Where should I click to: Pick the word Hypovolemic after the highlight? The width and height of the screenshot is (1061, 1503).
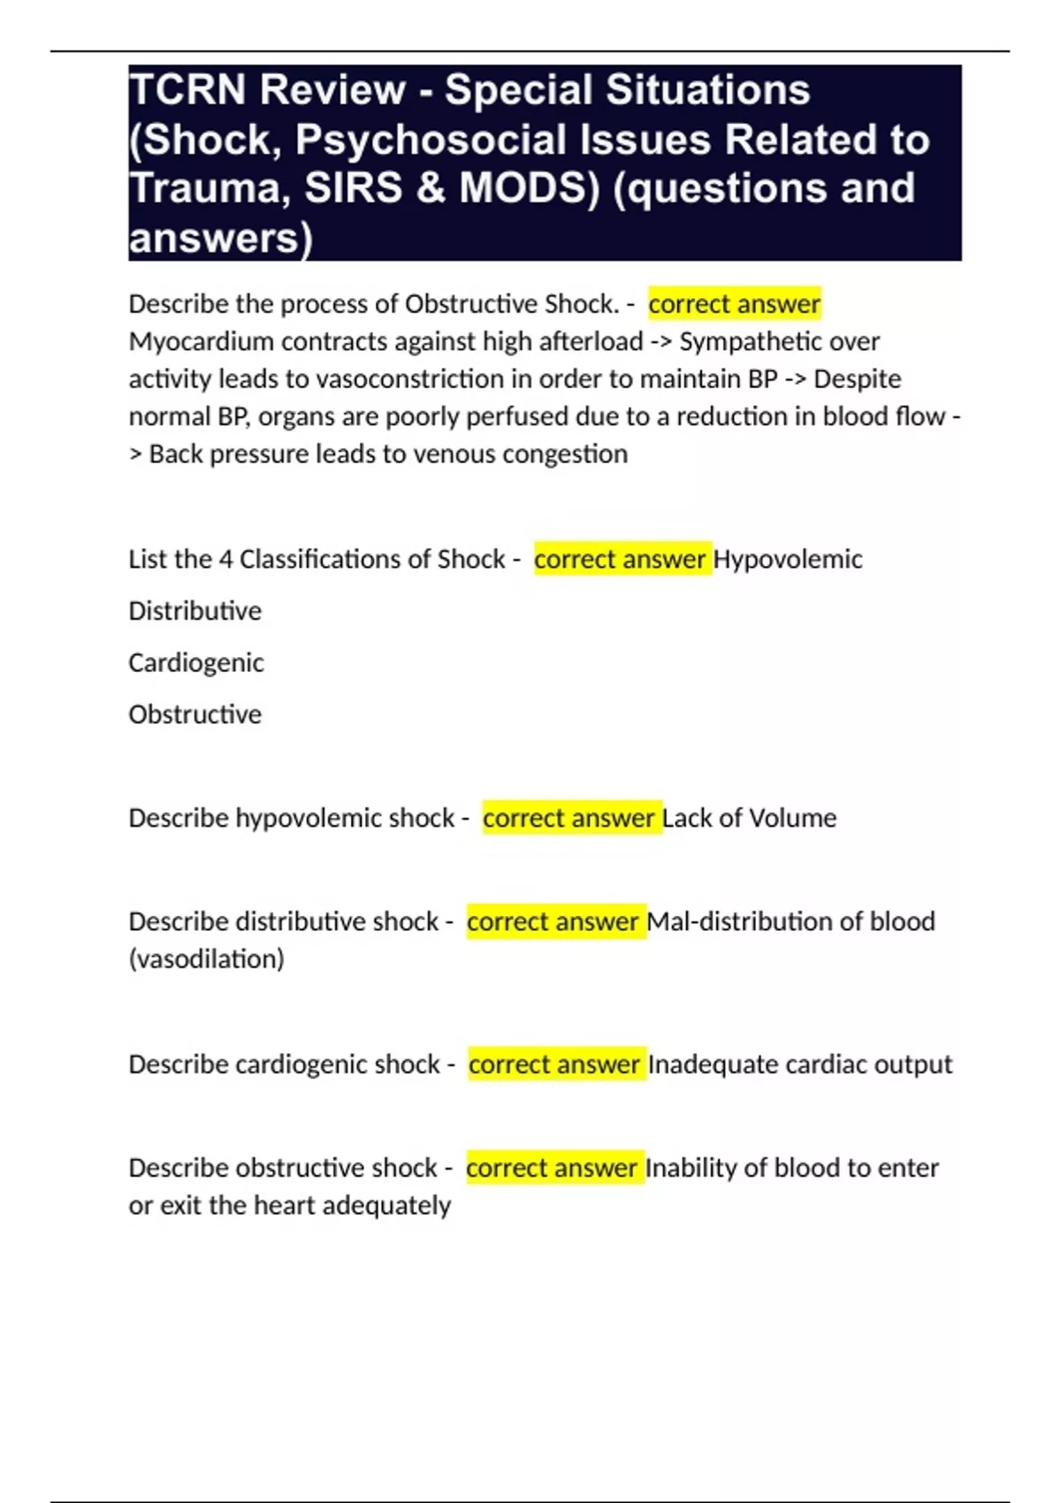pyautogui.click(x=787, y=560)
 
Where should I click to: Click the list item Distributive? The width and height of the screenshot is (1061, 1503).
pyautogui.click(x=195, y=611)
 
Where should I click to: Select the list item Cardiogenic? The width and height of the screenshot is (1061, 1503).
pyautogui.click(x=195, y=663)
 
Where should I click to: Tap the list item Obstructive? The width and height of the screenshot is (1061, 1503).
pyautogui.click(x=195, y=714)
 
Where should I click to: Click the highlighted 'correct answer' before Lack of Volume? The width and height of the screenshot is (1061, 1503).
pyautogui.click(x=569, y=819)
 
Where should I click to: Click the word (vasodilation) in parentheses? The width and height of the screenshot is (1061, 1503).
pyautogui.click(x=206, y=959)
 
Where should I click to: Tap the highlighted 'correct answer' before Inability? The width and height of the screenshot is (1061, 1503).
pyautogui.click(x=553, y=1169)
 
